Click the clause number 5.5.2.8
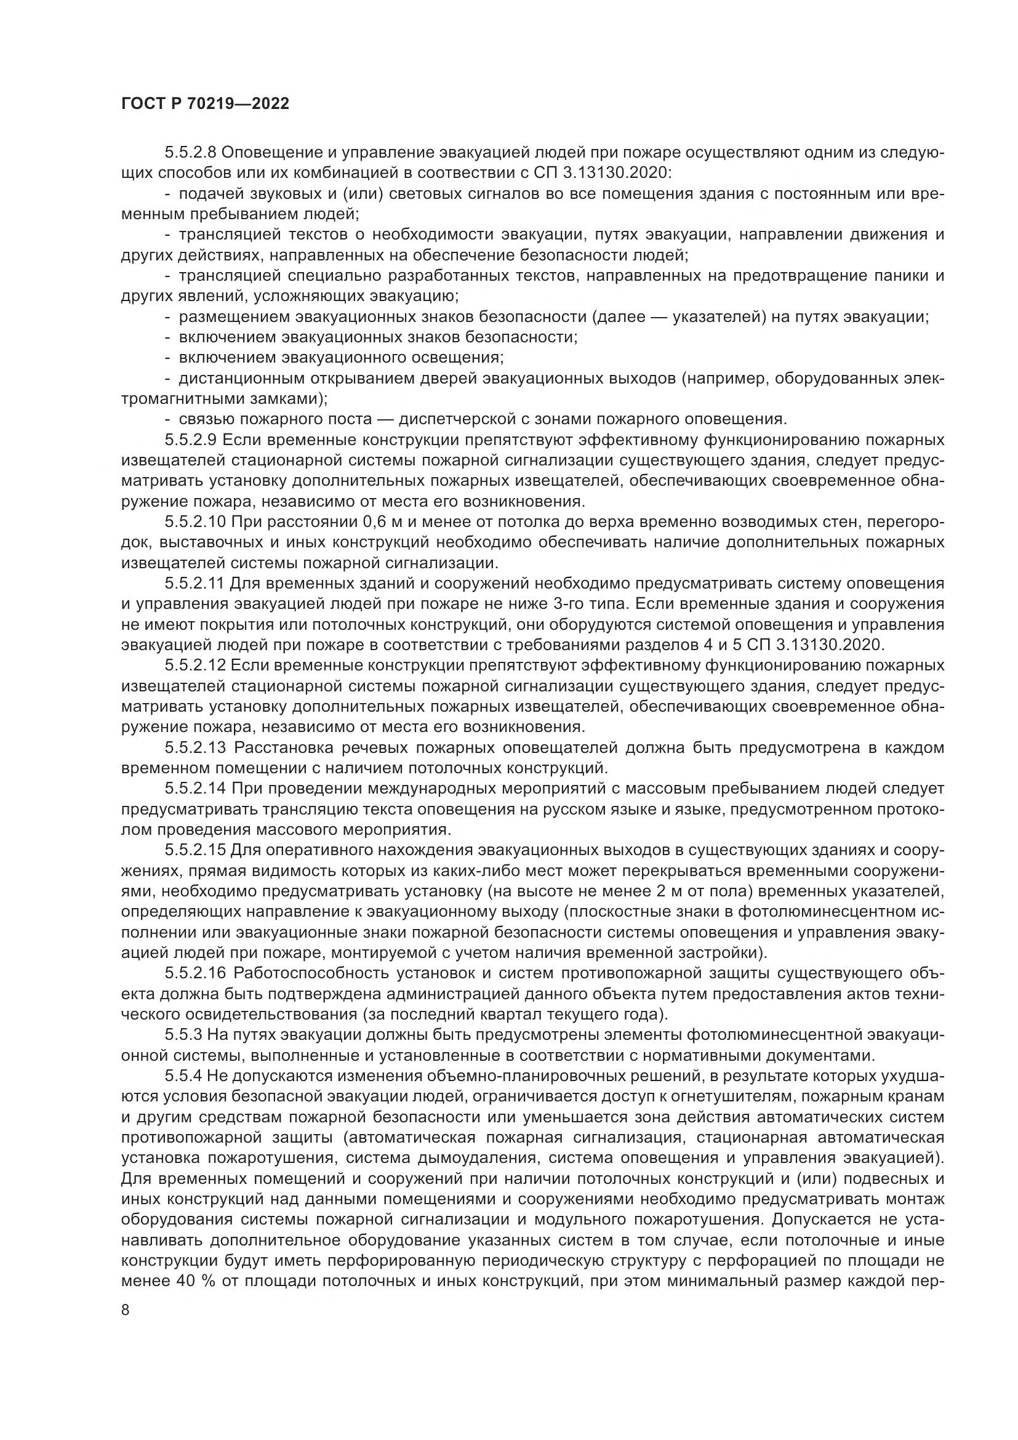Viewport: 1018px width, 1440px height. pos(191,153)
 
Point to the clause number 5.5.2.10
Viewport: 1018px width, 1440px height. pos(195,522)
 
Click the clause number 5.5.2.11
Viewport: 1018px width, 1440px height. pos(194,583)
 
